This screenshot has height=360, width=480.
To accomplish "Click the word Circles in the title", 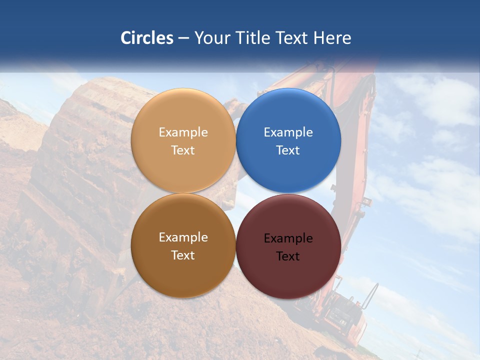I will tap(147, 38).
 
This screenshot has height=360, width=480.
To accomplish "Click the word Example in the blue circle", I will tap(288, 132).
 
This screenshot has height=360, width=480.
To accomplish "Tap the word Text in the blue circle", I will tap(288, 150).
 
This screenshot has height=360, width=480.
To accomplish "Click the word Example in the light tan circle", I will tap(183, 132).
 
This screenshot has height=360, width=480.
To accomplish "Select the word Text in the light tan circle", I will tap(183, 150).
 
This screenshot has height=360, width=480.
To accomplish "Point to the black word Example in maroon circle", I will tap(288, 238).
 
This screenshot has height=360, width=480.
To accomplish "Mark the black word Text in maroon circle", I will tap(288, 256).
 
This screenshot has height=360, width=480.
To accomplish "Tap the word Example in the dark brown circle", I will tap(183, 237).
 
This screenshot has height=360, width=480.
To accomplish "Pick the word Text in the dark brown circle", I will tap(183, 255).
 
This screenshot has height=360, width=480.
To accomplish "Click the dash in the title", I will tap(183, 38).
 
